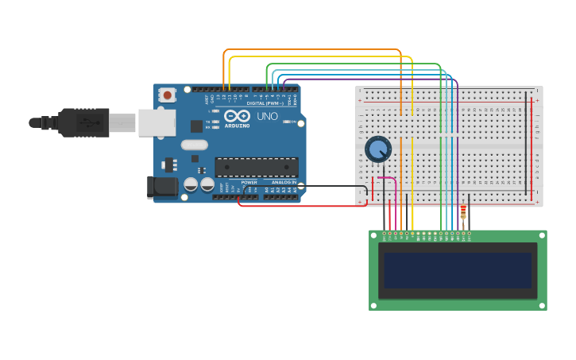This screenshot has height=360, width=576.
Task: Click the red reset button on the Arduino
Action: click(167, 95)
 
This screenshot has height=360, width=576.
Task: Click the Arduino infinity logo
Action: click(237, 116)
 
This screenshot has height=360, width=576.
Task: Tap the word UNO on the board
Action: click(268, 116)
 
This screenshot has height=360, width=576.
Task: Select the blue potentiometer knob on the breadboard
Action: click(378, 149)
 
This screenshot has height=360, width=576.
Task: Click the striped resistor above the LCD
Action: click(463, 212)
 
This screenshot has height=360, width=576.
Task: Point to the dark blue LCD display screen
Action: click(458, 270)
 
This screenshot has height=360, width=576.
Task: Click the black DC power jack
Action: click(163, 187)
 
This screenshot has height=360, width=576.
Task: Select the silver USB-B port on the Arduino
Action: click(157, 122)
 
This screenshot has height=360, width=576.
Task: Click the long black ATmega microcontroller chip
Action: click(257, 167)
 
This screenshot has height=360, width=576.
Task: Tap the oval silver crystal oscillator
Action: click(194, 145)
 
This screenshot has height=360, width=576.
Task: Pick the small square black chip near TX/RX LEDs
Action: click(196, 126)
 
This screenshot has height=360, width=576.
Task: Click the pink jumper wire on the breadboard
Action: click(388, 180)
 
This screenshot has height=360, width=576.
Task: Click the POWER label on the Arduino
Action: click(249, 182)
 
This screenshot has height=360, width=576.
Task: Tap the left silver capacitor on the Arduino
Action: click(191, 184)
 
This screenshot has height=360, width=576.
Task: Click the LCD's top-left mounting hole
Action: click(373, 234)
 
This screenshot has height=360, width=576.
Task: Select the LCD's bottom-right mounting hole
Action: click(543, 305)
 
